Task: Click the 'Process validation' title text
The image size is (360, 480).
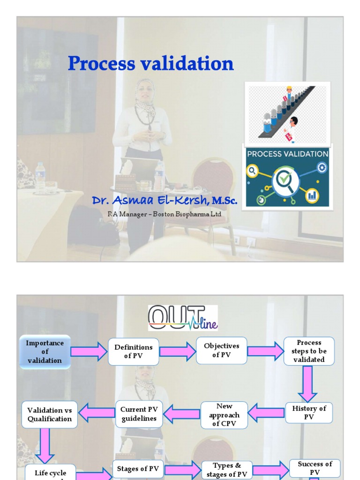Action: click(x=150, y=64)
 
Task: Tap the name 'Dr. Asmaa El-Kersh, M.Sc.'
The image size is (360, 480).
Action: click(x=165, y=201)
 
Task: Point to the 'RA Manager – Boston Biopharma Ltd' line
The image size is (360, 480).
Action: click(x=164, y=214)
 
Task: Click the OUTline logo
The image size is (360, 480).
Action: click(x=183, y=318)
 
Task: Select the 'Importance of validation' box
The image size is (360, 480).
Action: click(x=45, y=352)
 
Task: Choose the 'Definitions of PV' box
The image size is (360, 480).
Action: click(x=134, y=352)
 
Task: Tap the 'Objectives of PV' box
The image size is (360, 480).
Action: click(x=222, y=351)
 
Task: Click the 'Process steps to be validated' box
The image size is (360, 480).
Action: click(x=309, y=351)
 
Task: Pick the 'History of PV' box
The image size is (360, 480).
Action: click(x=309, y=412)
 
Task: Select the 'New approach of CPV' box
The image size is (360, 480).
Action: click(x=224, y=415)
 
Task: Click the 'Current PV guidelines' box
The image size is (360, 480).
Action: click(x=139, y=414)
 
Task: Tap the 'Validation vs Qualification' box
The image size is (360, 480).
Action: click(x=49, y=414)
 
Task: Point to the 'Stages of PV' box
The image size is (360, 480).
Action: click(x=138, y=469)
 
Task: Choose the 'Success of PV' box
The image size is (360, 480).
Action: click(x=315, y=468)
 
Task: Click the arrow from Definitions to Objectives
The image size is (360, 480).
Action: click(x=178, y=352)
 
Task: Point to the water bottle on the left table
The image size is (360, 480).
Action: click(x=40, y=177)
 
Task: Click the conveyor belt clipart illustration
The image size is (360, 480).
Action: click(x=287, y=112)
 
